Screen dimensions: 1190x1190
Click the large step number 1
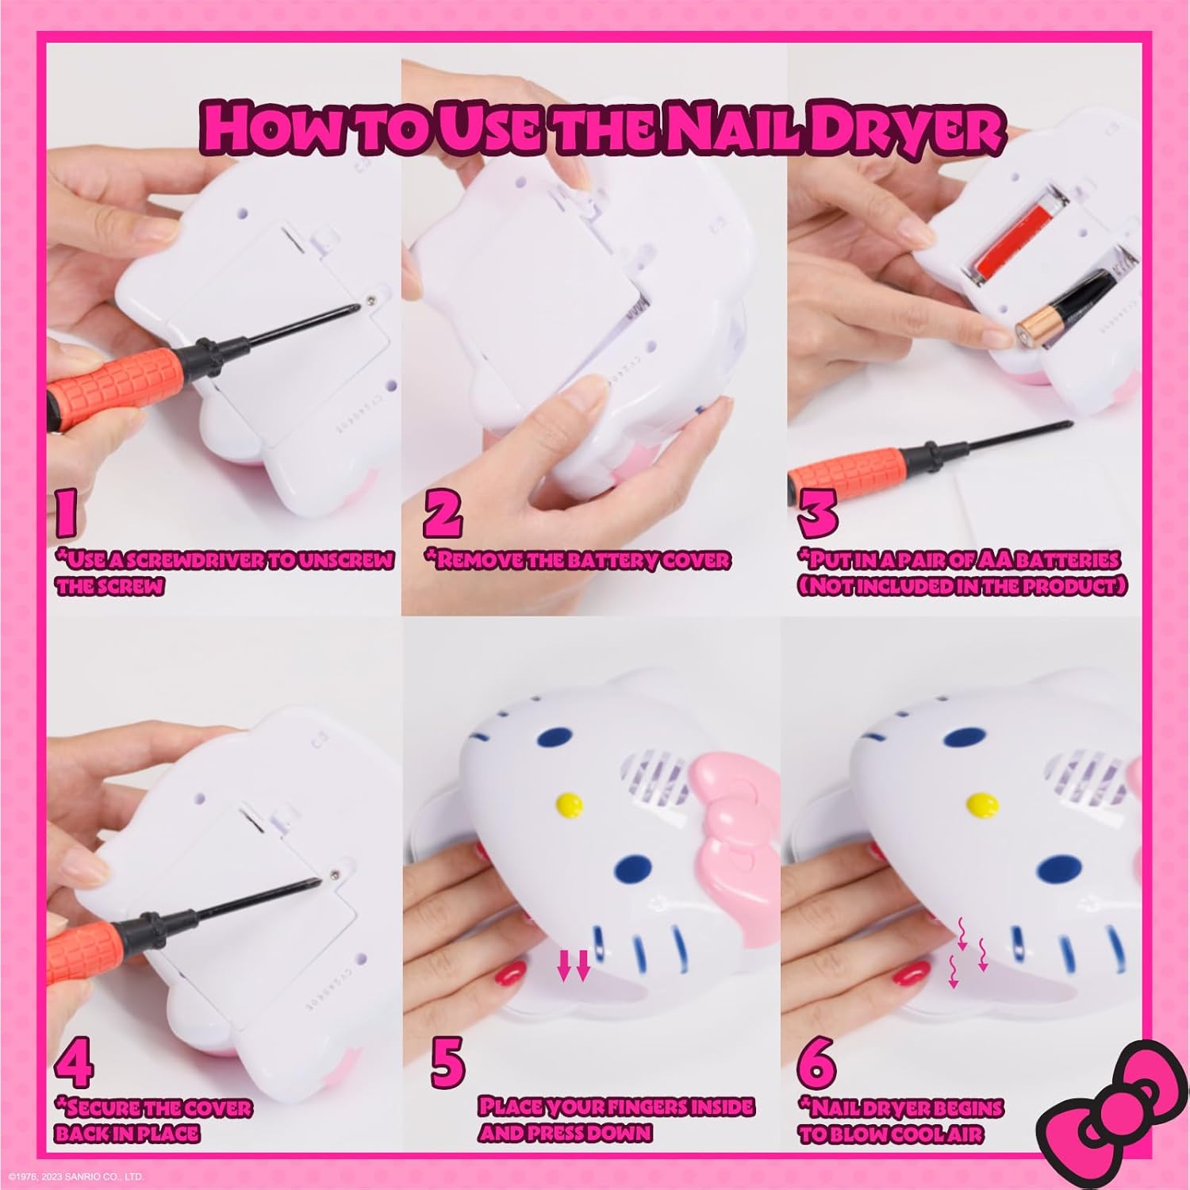tap(66, 511)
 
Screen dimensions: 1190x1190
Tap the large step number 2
tap(443, 512)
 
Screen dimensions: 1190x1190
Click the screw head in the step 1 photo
tap(372, 301)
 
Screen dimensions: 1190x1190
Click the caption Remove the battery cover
tap(578, 560)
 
